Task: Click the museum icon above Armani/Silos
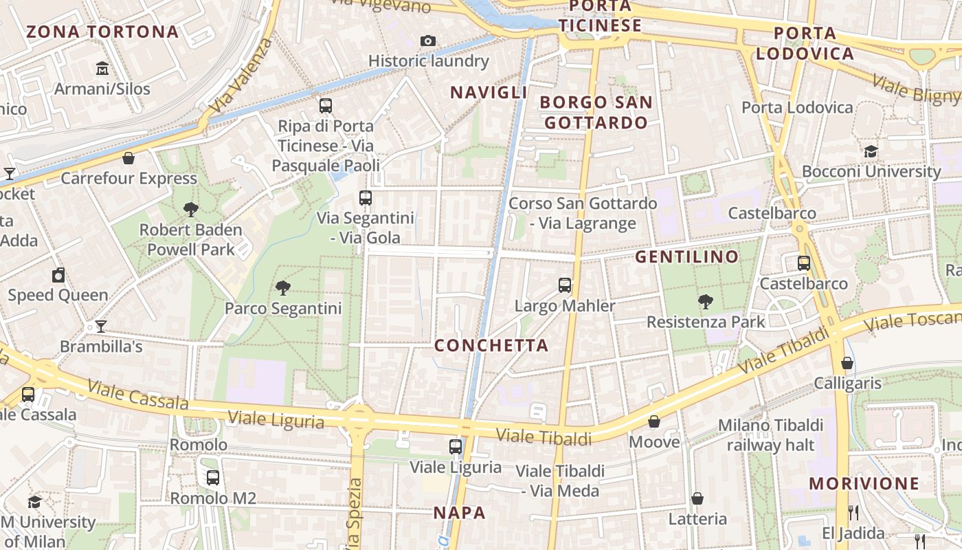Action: [102, 68]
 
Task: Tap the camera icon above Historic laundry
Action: [428, 41]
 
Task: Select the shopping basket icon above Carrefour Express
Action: [128, 159]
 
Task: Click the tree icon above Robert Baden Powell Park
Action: [191, 210]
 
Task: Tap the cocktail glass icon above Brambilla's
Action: [101, 327]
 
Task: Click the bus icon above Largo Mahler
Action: [565, 285]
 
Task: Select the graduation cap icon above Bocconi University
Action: [871, 151]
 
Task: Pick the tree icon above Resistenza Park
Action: [705, 301]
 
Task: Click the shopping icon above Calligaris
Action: [847, 363]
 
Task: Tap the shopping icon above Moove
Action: [654, 421]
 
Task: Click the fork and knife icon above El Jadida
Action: [853, 512]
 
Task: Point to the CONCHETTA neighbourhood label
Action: [491, 345]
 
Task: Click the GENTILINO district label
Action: [686, 257]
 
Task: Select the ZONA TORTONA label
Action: [102, 32]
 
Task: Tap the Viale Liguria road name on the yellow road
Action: [276, 419]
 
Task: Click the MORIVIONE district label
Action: [864, 483]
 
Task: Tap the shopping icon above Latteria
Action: [697, 498]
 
